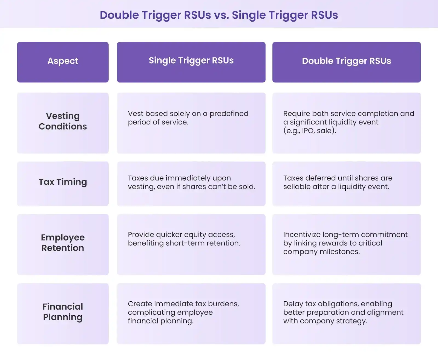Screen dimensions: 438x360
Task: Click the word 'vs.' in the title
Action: [221, 15]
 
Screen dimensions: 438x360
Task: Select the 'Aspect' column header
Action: [63, 61]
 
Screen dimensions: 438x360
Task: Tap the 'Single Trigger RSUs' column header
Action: [191, 61]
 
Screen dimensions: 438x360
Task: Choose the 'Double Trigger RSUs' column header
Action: [346, 61]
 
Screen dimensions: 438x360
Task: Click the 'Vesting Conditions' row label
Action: [63, 121]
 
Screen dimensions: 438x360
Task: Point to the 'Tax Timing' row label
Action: [63, 182]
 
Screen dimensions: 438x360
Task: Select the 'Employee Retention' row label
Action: [63, 242]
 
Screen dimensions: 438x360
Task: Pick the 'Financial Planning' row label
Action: [63, 312]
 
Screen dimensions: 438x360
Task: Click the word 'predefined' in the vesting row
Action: [229, 114]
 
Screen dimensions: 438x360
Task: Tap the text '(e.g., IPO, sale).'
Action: [310, 131]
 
